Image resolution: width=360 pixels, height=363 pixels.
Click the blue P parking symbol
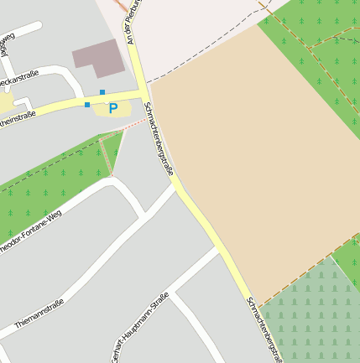click(x=112, y=108)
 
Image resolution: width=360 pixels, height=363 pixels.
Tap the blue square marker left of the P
click(x=87, y=105)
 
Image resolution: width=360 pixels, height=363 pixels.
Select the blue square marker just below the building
click(x=102, y=91)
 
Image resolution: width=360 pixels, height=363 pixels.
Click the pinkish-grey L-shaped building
click(x=97, y=54)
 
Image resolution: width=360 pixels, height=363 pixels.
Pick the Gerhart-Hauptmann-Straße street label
click(x=139, y=328)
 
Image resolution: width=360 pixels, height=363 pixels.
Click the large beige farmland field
click(x=252, y=168)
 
